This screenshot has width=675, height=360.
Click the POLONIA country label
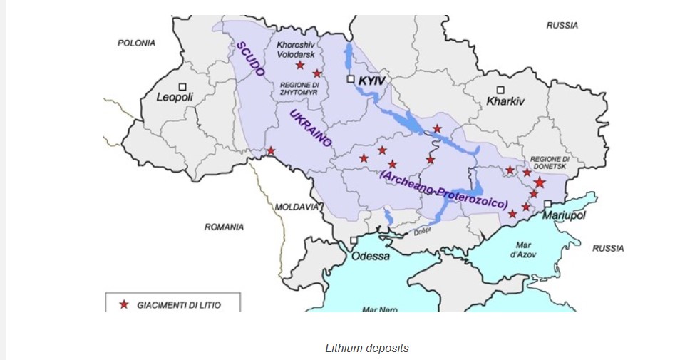point(136,43)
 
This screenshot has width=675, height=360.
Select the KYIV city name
point(371,81)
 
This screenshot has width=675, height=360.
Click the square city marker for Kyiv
point(351,79)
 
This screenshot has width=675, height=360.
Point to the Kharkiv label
point(505,101)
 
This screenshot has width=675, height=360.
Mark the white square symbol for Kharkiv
point(501,89)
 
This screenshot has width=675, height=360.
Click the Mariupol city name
point(564,216)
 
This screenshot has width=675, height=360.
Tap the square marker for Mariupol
point(547,205)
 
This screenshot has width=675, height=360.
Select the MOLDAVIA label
point(297,207)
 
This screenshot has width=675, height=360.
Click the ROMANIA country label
point(224,227)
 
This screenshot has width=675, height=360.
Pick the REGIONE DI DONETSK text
point(550,162)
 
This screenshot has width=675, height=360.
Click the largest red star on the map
point(540,183)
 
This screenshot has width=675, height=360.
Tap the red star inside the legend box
point(123,304)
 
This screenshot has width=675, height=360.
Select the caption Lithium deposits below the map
point(367,348)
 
